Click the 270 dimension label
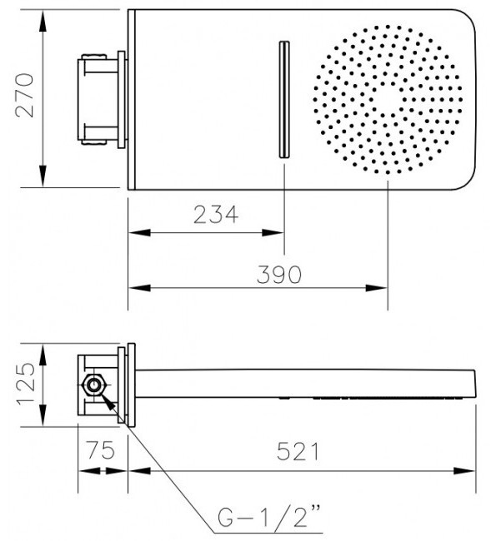pyautogui.click(x=25, y=96)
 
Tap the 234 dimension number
pyautogui.click(x=216, y=215)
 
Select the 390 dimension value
pyautogui.click(x=279, y=275)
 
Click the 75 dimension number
pyautogui.click(x=101, y=450)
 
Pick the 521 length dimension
pyautogui.click(x=298, y=451)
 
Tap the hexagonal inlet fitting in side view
pyautogui.click(x=93, y=385)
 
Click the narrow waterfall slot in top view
pyautogui.click(x=284, y=99)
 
